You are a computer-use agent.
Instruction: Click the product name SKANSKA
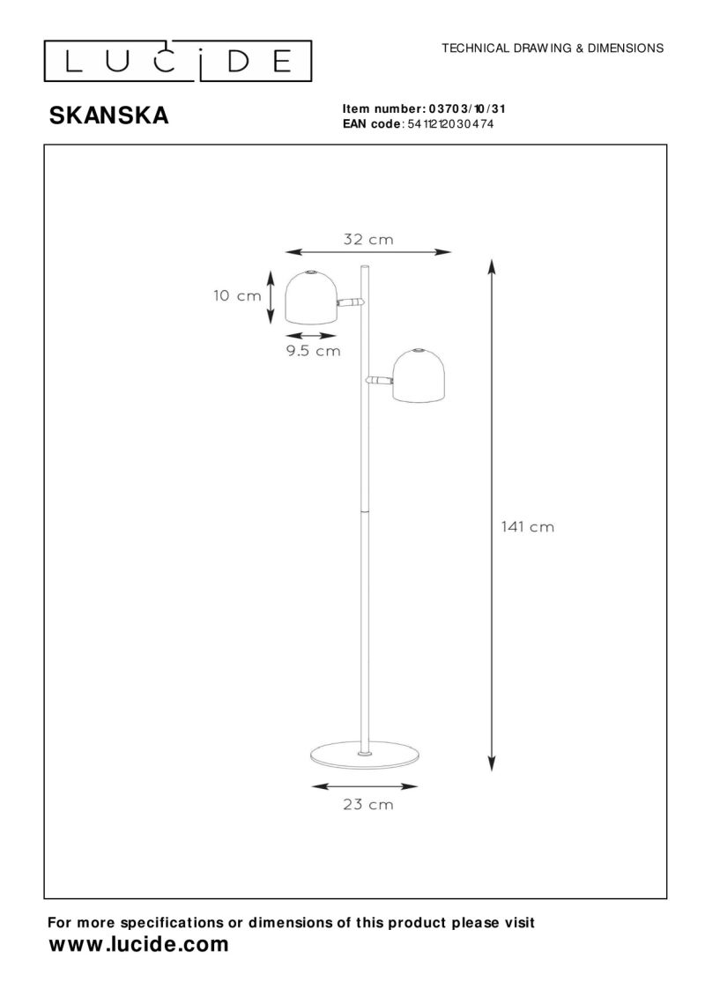(108, 115)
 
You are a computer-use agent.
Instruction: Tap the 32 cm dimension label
(367, 239)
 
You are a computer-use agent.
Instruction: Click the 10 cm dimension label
(237, 296)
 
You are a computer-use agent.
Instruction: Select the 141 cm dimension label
(527, 526)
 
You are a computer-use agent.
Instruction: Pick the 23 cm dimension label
(368, 804)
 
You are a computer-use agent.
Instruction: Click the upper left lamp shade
(310, 297)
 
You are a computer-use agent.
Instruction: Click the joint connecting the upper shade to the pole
(352, 302)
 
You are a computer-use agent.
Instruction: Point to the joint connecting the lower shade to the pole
(380, 381)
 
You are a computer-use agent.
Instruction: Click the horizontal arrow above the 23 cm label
(367, 783)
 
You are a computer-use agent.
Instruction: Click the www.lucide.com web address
(137, 944)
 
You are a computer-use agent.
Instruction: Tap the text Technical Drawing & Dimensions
(553, 48)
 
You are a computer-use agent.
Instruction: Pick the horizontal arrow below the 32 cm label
(369, 252)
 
